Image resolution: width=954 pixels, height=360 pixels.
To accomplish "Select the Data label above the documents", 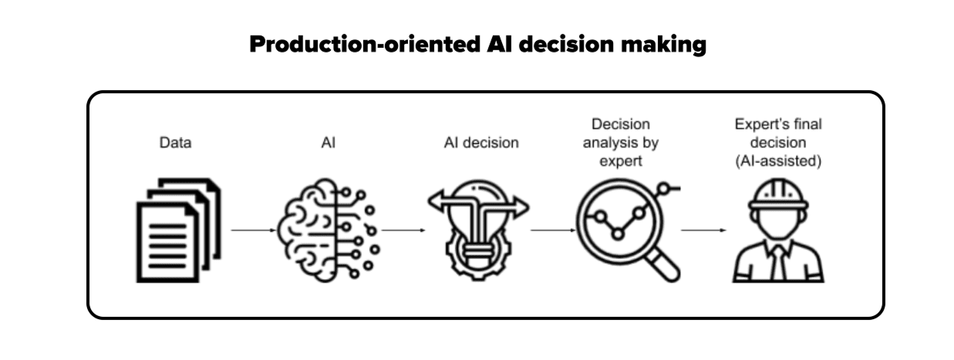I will pos(175,143).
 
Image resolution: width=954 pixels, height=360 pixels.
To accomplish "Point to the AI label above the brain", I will pos(328,143).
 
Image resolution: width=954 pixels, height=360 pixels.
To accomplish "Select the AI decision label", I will pos(481,143).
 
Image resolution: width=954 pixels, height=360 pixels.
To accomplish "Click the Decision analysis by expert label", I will pos(621,143).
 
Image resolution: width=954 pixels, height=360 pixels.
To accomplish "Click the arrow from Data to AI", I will pos(254,230).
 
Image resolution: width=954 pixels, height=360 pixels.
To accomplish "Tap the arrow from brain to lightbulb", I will pos(403,230).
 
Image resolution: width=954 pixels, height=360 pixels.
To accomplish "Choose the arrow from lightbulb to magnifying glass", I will pos(552,230).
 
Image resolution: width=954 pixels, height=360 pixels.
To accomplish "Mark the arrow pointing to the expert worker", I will pos(703,230).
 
